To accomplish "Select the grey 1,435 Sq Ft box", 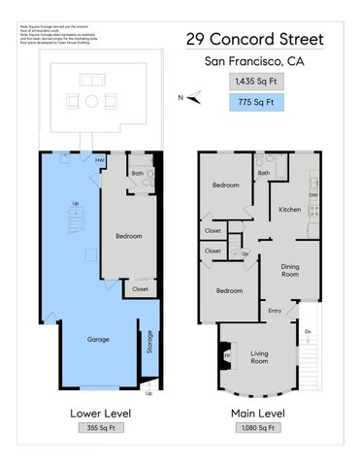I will pos(255,83).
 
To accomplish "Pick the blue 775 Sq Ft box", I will pos(255,101).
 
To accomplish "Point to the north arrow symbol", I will pos(193,96).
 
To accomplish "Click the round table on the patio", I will pos(92,100).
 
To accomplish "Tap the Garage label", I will pos(98,339).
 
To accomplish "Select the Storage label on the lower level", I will pos(149,343).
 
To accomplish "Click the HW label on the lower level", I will pos(100,161).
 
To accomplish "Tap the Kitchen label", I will pos(289,209).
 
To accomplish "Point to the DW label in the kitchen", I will pos(312,195).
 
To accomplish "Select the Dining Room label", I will pos(288,270).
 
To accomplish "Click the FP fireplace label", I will pos(228,355).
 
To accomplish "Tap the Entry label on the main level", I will pos(275,311).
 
